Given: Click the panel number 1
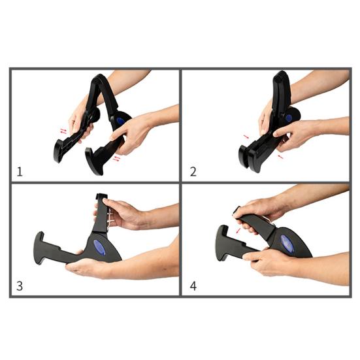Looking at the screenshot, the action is (x=20, y=172).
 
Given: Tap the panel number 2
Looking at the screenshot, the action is (x=193, y=172).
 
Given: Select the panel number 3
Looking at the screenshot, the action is (x=20, y=286).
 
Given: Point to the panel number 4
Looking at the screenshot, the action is (x=193, y=286).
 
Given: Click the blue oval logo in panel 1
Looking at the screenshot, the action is (x=120, y=120).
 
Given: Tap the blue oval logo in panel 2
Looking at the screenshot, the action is (x=289, y=118).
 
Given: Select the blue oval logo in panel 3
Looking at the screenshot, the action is (x=99, y=248).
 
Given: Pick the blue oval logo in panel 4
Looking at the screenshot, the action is (x=287, y=244).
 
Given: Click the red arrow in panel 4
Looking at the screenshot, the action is (x=238, y=231).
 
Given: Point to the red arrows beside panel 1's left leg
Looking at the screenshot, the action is (x=63, y=131).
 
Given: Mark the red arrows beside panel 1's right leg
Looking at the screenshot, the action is (x=117, y=159).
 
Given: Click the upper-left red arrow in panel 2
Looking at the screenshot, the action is (x=246, y=137).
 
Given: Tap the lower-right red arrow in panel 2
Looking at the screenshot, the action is (x=280, y=157).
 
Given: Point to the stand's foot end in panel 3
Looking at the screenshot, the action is (x=39, y=248).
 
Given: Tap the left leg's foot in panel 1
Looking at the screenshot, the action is (x=58, y=151).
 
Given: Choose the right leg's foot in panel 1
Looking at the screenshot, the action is (x=93, y=161).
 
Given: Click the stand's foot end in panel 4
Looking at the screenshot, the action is (x=221, y=243).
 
